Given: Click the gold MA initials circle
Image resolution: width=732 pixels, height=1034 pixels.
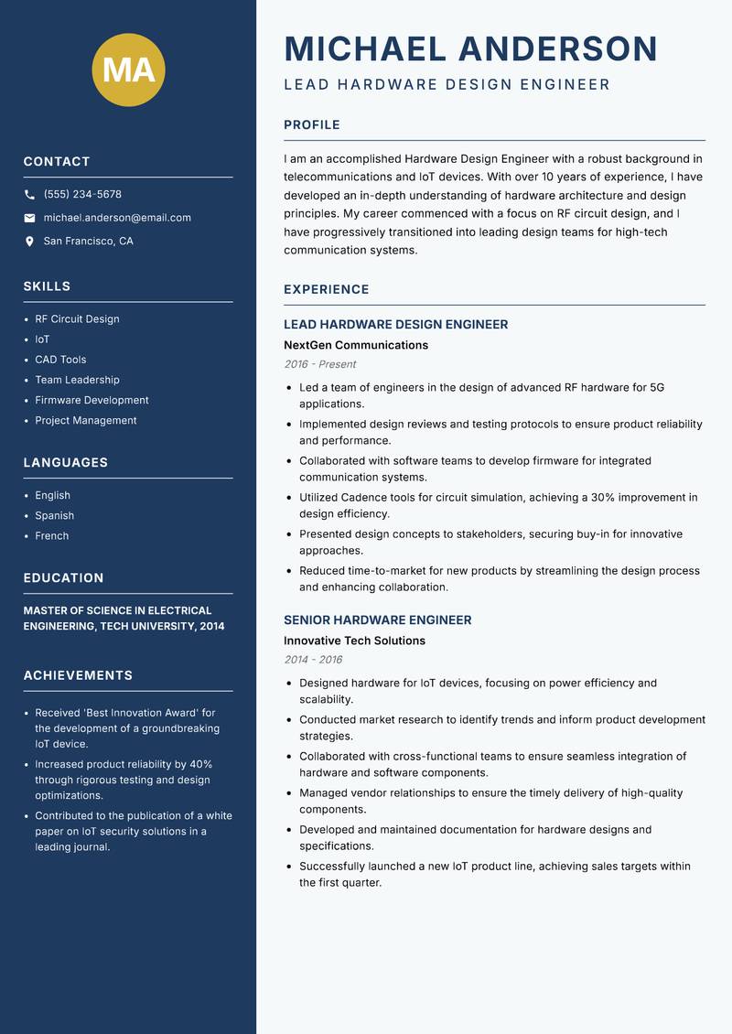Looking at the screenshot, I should click(129, 70).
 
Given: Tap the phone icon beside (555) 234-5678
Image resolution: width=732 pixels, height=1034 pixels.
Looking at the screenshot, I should click(29, 195).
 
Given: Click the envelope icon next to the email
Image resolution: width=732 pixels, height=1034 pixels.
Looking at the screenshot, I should click(29, 218).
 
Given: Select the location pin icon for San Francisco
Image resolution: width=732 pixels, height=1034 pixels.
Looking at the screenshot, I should click(29, 242).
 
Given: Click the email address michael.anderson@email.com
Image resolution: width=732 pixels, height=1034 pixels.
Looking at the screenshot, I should click(117, 218).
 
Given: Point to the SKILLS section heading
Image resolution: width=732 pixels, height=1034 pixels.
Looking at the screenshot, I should click(47, 286).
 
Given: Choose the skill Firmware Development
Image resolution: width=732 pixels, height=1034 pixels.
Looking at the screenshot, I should click(91, 400).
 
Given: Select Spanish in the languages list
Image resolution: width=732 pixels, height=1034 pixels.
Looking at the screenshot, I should click(54, 516).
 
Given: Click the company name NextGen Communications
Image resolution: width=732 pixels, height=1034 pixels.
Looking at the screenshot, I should click(356, 345).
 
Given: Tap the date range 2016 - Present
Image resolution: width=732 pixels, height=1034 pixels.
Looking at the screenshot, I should click(320, 364).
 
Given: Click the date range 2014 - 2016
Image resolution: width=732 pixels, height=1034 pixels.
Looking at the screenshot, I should click(313, 660).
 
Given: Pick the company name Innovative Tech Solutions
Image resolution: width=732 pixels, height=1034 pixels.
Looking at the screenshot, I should click(354, 641).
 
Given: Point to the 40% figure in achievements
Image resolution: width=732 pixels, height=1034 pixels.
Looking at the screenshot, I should click(201, 764).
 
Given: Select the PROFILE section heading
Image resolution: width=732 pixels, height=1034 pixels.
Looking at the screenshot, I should click(312, 125).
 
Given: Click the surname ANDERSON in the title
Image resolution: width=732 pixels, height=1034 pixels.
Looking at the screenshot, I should click(557, 48).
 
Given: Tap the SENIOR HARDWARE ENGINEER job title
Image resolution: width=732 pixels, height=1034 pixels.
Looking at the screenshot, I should click(378, 619).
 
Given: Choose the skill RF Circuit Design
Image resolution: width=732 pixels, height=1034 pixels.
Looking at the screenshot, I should click(77, 319).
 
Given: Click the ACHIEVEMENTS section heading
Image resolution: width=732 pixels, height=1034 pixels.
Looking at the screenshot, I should click(78, 675).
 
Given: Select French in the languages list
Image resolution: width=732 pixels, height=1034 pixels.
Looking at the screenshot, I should click(52, 536).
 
